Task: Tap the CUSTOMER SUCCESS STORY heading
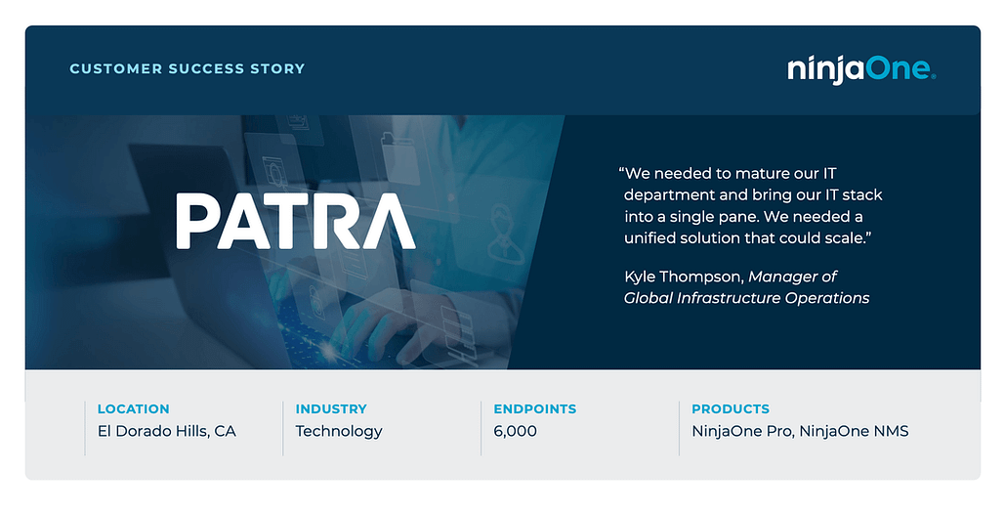pos(188,68)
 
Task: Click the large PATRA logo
pos(296,222)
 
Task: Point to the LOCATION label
pos(133,408)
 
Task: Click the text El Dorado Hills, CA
pos(167,431)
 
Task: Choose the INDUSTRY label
pos(331,408)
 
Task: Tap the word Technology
pos(338,432)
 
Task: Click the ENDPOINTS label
pos(534,408)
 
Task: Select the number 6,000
pos(516,432)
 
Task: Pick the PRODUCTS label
pos(730,408)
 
